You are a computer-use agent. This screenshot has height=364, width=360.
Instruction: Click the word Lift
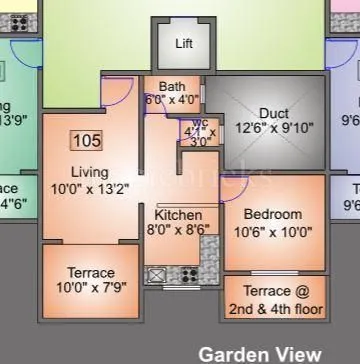point(184,44)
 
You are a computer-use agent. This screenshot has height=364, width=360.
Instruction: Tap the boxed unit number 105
point(87,139)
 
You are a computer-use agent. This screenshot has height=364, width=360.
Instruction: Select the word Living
point(90,172)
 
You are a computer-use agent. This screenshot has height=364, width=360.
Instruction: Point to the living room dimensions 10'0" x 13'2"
point(92,189)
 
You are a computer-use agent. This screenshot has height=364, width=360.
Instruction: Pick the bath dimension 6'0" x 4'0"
point(171,100)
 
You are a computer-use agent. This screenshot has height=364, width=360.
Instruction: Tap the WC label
point(199,123)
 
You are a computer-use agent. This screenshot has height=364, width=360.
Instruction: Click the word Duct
point(274,113)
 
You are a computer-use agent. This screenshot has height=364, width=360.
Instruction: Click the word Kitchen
point(178,215)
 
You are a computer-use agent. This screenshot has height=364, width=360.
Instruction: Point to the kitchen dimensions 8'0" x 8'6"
point(178,230)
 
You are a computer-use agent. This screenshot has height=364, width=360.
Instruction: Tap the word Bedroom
point(272,215)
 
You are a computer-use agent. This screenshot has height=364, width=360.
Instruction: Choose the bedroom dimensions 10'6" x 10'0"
point(272,231)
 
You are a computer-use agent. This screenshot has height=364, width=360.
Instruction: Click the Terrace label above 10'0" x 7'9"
point(91,273)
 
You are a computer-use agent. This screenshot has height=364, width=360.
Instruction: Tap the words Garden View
point(260,353)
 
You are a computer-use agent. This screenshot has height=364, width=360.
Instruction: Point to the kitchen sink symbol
point(156,273)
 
